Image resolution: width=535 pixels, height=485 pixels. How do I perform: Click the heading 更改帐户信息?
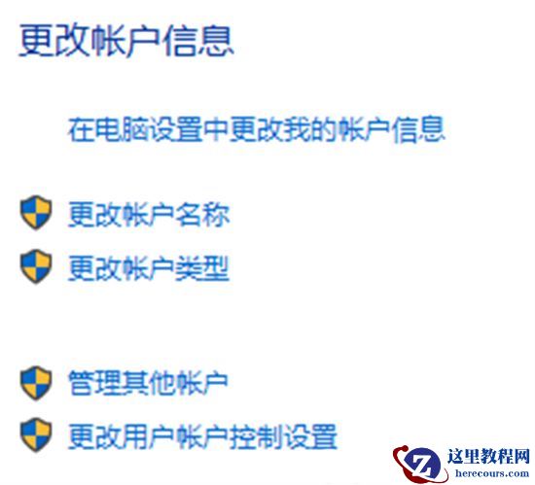126,41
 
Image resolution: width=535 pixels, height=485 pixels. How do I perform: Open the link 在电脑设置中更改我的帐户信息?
257,129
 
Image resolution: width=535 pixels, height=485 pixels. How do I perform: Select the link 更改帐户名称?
148,215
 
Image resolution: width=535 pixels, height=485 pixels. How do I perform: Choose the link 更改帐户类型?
148,267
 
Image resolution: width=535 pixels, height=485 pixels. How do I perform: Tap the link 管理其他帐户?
148,382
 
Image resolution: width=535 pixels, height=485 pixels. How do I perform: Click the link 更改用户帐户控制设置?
202,434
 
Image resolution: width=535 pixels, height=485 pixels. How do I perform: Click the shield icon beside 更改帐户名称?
35,214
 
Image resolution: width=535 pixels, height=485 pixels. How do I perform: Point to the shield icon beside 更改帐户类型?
35,266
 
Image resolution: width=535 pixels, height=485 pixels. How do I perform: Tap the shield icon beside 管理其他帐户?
35,382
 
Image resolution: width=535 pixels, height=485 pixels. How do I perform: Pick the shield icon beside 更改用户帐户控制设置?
35,434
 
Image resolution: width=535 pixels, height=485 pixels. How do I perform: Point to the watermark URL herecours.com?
490,474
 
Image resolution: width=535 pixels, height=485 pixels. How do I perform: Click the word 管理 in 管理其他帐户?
88,382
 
